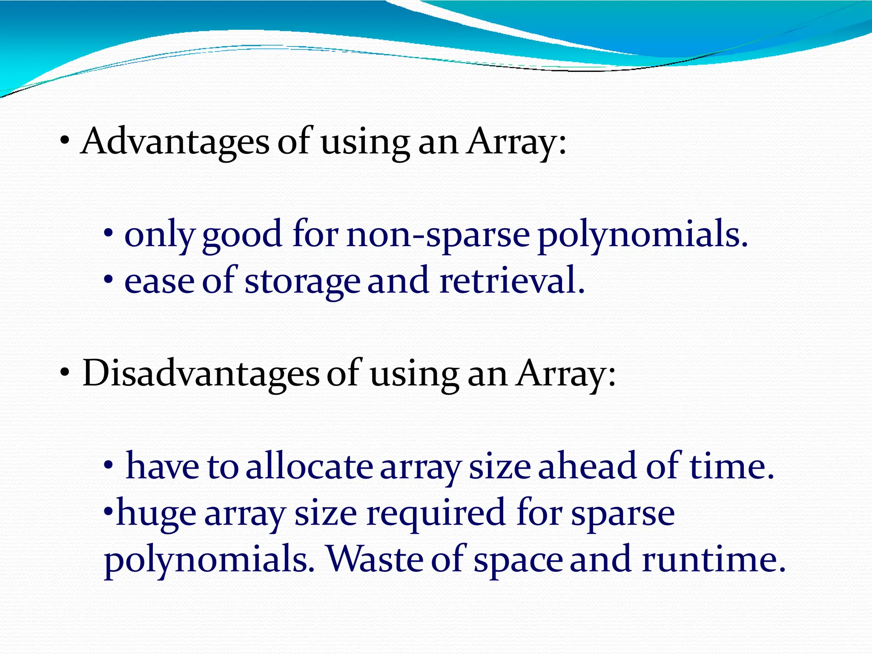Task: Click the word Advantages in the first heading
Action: (x=175, y=142)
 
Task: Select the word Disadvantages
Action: (x=201, y=373)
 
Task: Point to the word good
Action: (x=242, y=235)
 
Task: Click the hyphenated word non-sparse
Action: (x=438, y=235)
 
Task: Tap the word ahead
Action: (x=588, y=467)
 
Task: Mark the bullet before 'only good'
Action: (x=109, y=234)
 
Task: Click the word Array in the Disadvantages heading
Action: (x=565, y=373)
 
